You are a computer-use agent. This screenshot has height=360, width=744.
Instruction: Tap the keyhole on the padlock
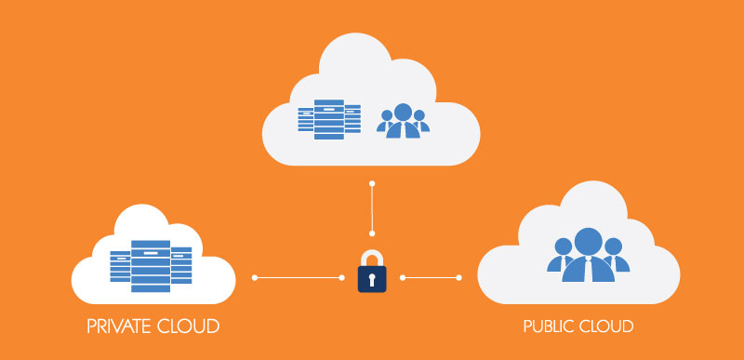372,279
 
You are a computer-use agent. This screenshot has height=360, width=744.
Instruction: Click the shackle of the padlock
372,257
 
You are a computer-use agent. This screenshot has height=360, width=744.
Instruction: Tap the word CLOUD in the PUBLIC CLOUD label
608,327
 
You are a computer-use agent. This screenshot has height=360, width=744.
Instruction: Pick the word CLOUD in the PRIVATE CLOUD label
191,327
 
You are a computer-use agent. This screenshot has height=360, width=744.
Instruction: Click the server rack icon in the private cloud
151,265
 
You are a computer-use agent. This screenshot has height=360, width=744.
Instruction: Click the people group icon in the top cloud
403,121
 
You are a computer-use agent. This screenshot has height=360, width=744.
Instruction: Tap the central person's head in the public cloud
588,241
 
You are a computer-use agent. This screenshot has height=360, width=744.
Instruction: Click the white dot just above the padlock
372,233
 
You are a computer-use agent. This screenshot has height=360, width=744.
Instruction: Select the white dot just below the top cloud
372,183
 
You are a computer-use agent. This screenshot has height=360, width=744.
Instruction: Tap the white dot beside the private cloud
255,277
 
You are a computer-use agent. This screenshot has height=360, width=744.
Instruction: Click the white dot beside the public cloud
459,277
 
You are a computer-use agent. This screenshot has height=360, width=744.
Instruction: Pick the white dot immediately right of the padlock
403,277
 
